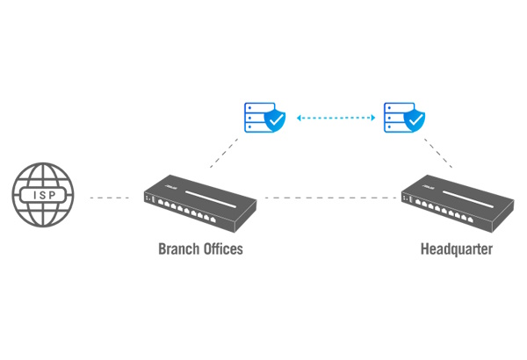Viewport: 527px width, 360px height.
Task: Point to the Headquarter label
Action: pyautogui.click(x=456, y=249)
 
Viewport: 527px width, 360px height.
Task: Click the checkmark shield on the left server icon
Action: pyautogui.click(x=274, y=121)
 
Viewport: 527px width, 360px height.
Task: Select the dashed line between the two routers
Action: pyautogui.click(x=329, y=198)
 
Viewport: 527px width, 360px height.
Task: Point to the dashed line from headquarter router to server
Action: pyautogui.click(x=437, y=151)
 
